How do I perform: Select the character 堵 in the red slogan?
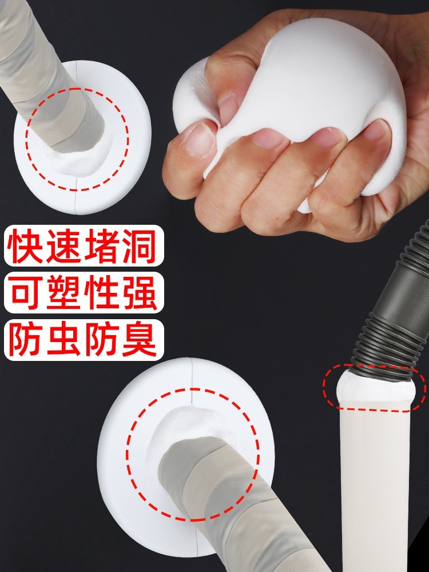pyautogui.click(x=102, y=246)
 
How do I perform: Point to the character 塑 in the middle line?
pyautogui.click(x=63, y=293)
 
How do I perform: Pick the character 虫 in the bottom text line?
pyautogui.click(x=63, y=340)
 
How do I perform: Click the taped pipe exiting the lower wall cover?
pyautogui.click(x=233, y=507)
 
